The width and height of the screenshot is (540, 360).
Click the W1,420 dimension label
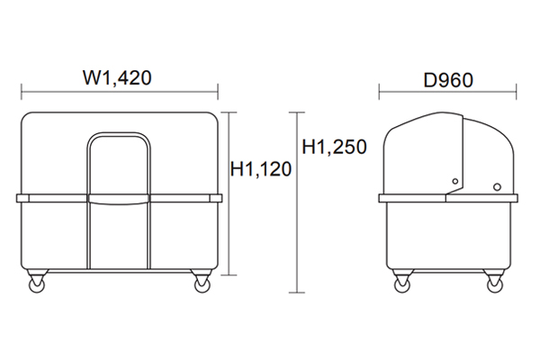coord(117,78)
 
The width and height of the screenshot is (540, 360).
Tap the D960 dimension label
coord(448,80)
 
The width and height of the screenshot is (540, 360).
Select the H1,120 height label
coord(261,169)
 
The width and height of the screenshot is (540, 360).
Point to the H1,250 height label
coord(334,147)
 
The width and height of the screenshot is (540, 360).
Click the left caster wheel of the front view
coord(37,285)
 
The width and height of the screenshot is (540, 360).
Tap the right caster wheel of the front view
coord(202,285)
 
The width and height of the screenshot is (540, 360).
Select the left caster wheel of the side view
coord(402,285)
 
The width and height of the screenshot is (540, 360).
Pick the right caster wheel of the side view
coord(495,285)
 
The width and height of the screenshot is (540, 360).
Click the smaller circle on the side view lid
coord(455,181)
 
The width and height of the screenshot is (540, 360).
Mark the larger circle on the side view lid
coord(497,187)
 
